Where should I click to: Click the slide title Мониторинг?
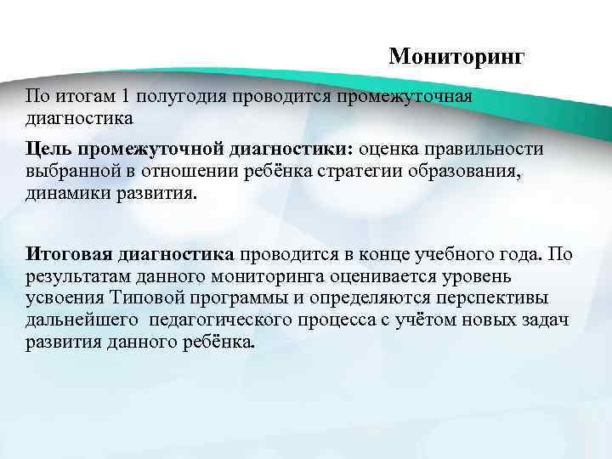pyautogui.click(x=457, y=57)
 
